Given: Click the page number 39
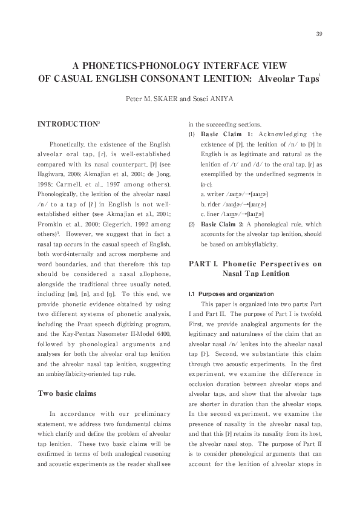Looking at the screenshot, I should coord(319,33).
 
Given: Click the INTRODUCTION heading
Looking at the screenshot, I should coord(67,123).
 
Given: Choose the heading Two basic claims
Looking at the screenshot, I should coord(67,393).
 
